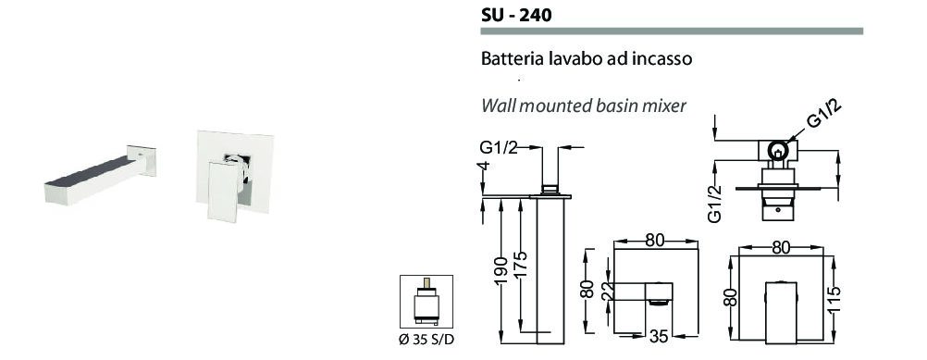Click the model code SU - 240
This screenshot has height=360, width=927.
tap(517, 14)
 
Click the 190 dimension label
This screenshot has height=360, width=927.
tap(501, 271)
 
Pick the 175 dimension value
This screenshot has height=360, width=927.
tap(521, 266)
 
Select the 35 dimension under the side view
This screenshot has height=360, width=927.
tap(659, 336)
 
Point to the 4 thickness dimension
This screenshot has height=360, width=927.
tap(485, 167)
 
